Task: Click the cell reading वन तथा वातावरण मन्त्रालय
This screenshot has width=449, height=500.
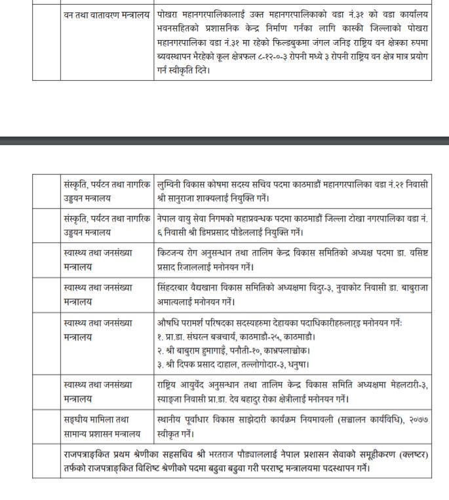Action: [107, 14]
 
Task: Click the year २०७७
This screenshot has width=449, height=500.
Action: [418, 420]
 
